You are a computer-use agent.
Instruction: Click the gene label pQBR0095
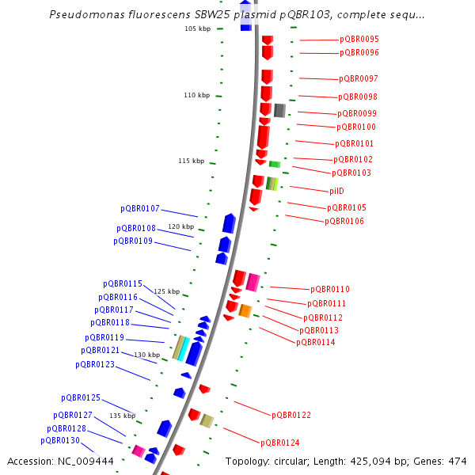[x=359, y=39]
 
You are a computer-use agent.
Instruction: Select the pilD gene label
[x=336, y=191]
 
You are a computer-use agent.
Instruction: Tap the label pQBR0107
[x=140, y=209]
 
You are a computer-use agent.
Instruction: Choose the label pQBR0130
[x=60, y=440]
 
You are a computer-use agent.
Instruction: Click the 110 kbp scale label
[x=196, y=95]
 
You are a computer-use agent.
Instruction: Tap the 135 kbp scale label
[x=122, y=416]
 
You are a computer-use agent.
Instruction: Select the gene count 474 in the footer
[x=458, y=461]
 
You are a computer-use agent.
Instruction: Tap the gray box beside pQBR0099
[x=279, y=110]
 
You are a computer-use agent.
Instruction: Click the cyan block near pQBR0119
[x=184, y=348]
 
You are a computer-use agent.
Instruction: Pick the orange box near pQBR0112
[x=245, y=310]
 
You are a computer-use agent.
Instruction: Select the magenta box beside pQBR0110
[x=253, y=282]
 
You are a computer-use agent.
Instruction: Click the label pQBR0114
[x=316, y=343]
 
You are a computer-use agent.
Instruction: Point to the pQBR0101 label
[x=354, y=143]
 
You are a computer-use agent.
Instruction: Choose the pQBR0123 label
[x=95, y=364]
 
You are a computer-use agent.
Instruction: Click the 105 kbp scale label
[x=197, y=28]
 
